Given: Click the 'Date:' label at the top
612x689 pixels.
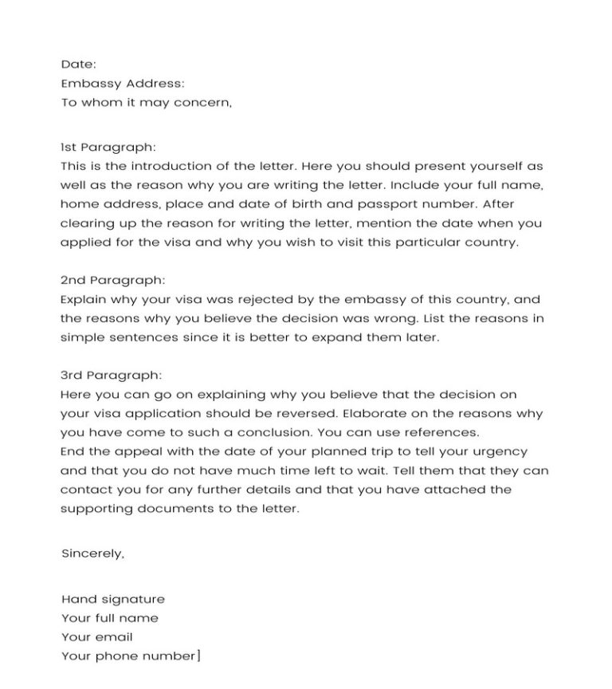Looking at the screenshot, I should (78, 65).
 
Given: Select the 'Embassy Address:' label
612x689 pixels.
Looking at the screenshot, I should (122, 84).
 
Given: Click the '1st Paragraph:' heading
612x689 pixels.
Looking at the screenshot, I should (108, 148).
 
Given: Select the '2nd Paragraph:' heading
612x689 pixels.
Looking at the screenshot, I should (112, 281).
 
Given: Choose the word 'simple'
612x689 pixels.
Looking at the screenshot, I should (82, 338).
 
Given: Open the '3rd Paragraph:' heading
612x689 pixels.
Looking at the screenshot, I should (112, 375).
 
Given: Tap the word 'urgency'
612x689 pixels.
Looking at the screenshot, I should (502, 452).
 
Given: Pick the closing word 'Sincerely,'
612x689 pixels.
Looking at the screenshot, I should (92, 553).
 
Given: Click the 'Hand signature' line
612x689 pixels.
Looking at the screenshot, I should (113, 599).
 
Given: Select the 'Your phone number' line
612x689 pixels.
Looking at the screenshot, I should (127, 656).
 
